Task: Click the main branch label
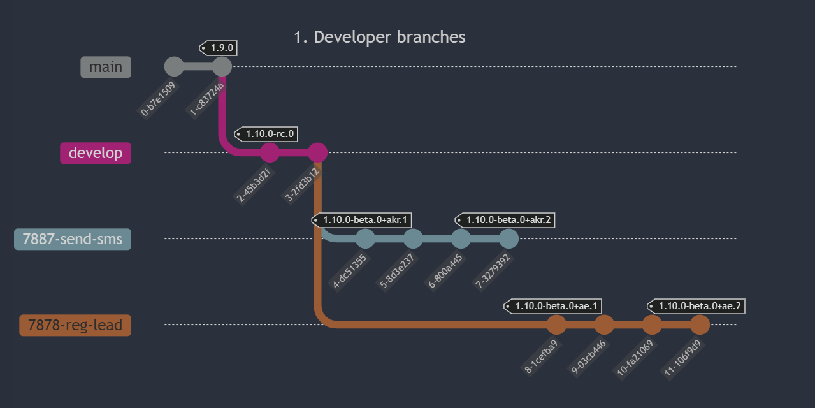tap(106, 67)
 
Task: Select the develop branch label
tap(96, 153)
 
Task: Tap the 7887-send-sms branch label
tap(73, 239)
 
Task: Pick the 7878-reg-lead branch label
tap(75, 325)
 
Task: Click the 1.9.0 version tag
tap(219, 48)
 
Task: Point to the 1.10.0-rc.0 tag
tap(266, 134)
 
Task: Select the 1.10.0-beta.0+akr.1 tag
tap(362, 220)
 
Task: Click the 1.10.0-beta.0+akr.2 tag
tap(505, 220)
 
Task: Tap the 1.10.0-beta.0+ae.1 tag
tap(552, 306)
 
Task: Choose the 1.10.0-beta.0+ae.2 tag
tap(696, 306)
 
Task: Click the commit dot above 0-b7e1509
tap(174, 66)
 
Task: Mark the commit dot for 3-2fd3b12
tap(317, 152)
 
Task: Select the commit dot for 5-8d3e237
tap(413, 239)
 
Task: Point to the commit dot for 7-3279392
tap(508, 239)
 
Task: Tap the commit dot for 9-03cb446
tap(604, 324)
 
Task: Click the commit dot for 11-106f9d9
tap(700, 324)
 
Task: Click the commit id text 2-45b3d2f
tap(254, 184)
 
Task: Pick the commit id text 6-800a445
tap(445, 271)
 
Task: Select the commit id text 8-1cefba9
tap(540, 357)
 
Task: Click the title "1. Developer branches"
tap(380, 37)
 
